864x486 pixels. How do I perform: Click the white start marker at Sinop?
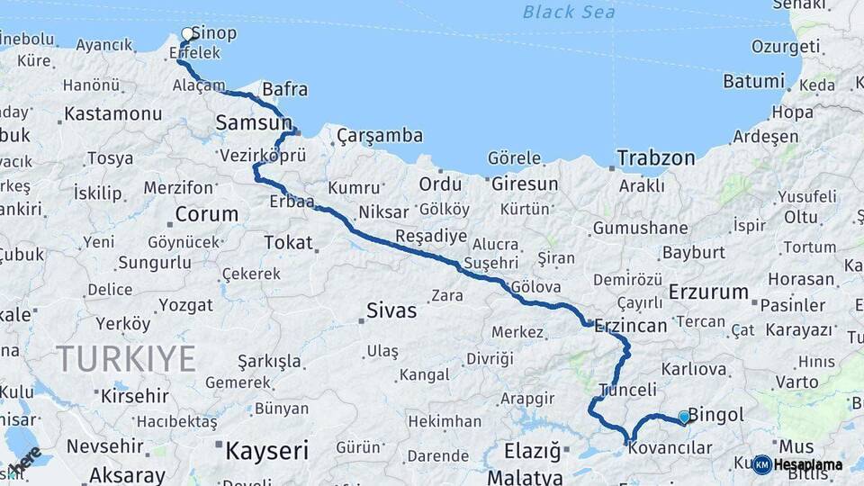(x=187, y=34)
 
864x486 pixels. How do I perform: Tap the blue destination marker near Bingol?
(x=684, y=417)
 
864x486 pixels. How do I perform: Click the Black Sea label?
(x=569, y=12)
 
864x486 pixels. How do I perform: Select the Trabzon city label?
(x=656, y=158)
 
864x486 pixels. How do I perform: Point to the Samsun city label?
(x=253, y=121)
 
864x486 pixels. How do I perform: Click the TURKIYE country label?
(x=126, y=359)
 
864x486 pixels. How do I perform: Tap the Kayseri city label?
(x=266, y=450)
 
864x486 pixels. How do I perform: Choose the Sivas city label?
(x=391, y=311)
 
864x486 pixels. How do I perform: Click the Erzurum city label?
(x=708, y=292)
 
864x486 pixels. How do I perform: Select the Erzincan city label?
(x=630, y=325)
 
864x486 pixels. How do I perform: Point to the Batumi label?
(x=753, y=81)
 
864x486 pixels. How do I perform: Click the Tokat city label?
(x=288, y=242)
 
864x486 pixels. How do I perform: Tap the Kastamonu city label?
(x=113, y=114)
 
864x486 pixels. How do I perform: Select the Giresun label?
(x=525, y=184)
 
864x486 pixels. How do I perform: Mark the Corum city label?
(x=207, y=215)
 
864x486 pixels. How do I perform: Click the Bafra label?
(x=284, y=89)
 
